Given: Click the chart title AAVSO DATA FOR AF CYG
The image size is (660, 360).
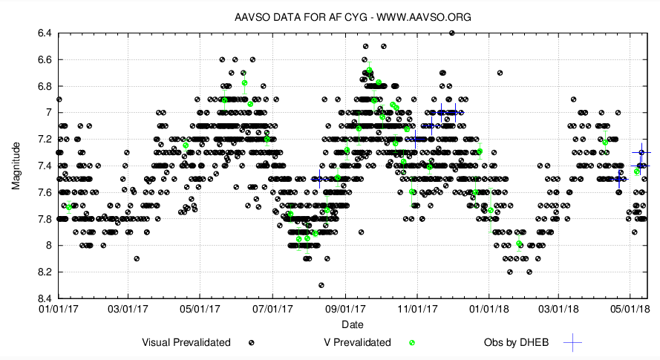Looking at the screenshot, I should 330,16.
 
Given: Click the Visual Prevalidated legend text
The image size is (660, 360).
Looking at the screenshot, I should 186,342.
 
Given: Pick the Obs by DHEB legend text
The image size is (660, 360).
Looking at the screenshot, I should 519,342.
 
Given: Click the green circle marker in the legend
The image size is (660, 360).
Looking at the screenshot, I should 412,342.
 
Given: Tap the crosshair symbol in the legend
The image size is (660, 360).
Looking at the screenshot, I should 572,342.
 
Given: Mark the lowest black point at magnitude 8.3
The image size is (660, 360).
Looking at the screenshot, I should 321,285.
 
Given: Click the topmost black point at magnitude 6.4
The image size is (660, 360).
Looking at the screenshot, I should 451,33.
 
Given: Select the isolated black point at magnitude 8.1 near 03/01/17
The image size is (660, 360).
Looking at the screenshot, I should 137,258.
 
